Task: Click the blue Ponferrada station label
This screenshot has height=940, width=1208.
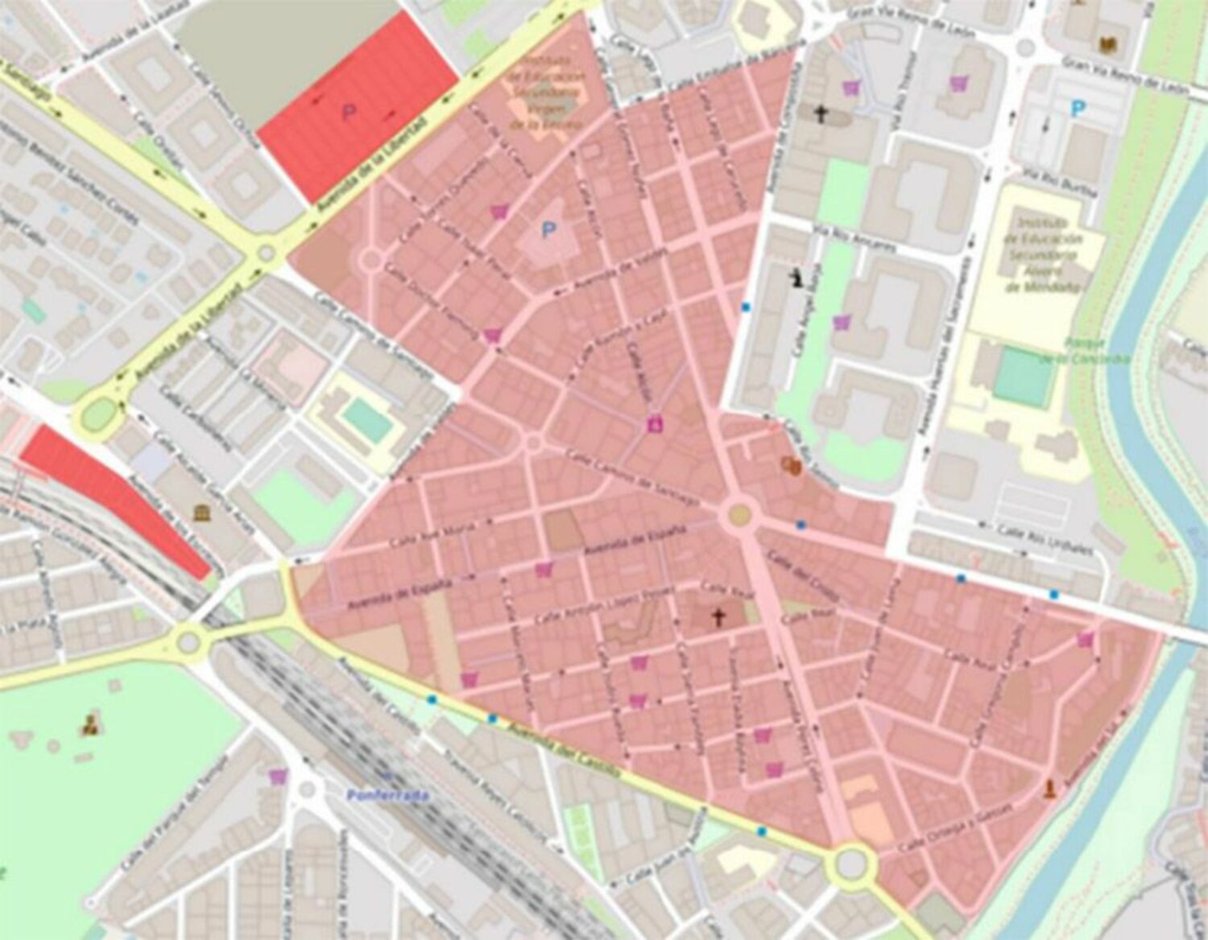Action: pos(387,795)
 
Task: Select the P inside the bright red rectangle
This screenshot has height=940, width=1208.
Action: pos(349,113)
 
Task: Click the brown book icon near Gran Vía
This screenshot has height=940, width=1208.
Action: pos(1110,23)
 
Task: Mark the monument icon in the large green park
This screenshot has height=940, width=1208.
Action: pos(89,726)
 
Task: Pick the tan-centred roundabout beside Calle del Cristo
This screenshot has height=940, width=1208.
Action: pos(739,514)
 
